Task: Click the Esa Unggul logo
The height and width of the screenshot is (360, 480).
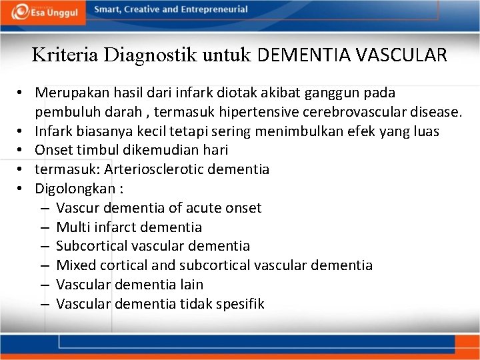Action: tap(44, 11)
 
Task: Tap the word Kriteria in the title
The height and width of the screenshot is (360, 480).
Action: tap(59, 55)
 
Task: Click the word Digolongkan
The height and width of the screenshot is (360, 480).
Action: tap(75, 189)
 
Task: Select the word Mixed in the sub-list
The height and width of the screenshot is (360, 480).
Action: tap(74, 265)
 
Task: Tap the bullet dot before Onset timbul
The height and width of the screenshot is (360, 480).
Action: tap(22, 150)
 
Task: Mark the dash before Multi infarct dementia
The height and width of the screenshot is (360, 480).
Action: tap(43, 227)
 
